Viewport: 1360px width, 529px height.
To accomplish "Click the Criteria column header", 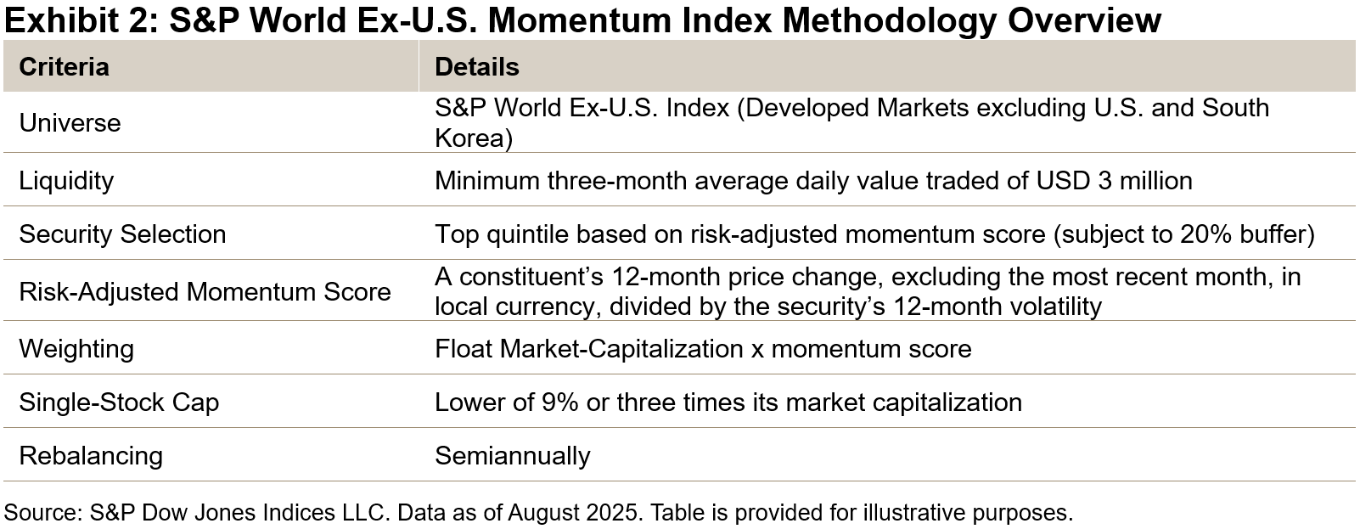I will (x=64, y=67).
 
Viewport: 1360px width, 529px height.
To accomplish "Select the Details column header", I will (x=476, y=67).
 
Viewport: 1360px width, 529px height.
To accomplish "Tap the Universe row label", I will (x=70, y=123).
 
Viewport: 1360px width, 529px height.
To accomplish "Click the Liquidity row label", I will (x=66, y=181).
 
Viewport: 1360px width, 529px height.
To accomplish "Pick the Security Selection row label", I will (x=122, y=234).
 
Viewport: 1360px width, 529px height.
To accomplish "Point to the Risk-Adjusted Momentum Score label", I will (x=205, y=292).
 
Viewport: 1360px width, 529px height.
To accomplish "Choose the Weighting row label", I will (x=76, y=349).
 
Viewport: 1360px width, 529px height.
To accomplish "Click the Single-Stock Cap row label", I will (x=119, y=402).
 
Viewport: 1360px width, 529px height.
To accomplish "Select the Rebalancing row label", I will (x=91, y=455).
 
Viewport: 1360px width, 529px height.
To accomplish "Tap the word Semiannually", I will (x=512, y=455).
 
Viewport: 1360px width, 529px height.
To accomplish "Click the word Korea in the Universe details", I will (x=469, y=138).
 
